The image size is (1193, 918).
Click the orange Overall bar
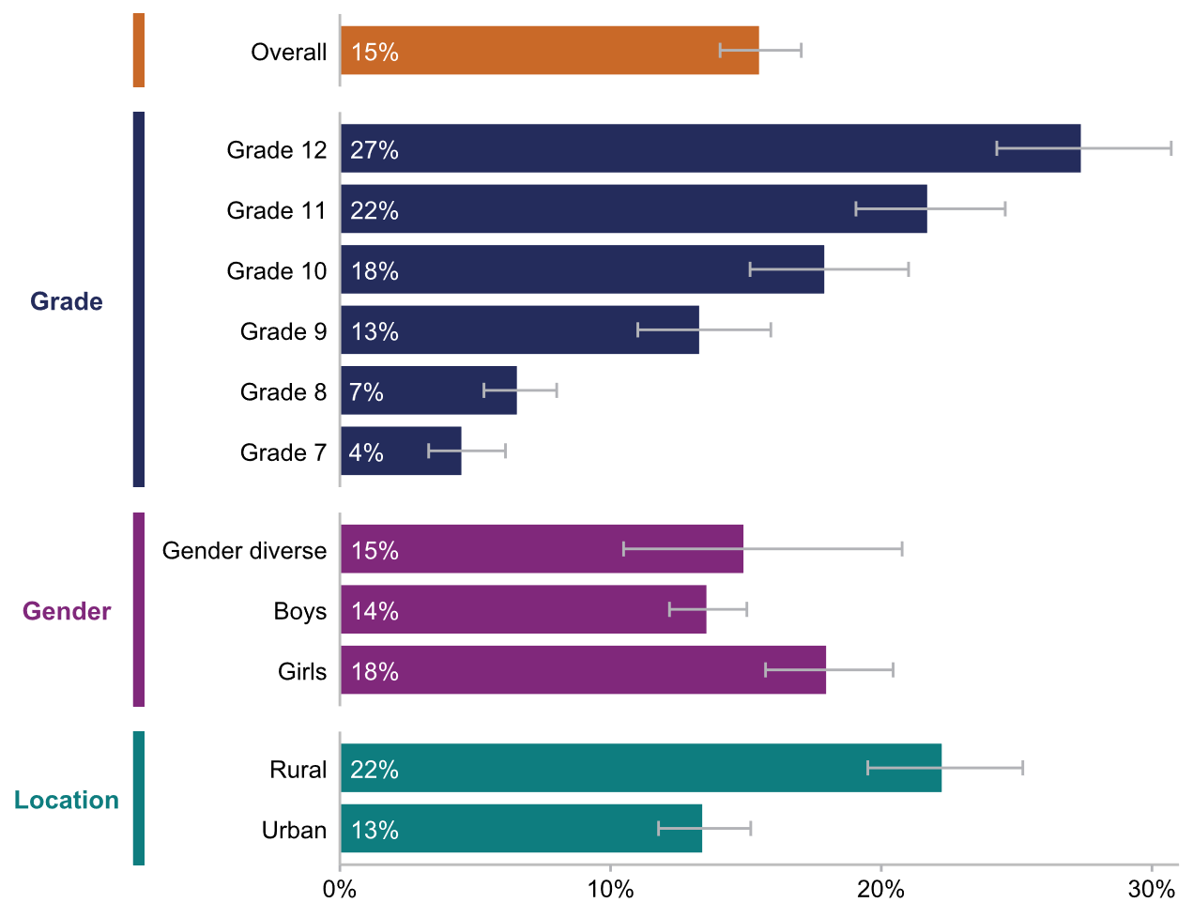pos(549,51)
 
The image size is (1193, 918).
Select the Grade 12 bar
pos(711,148)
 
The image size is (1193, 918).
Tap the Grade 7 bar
pos(401,451)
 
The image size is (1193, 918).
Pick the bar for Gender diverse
pos(542,549)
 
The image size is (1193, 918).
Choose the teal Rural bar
pos(640,768)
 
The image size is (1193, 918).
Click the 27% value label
pos(375,150)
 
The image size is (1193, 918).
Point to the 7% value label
pos(367,392)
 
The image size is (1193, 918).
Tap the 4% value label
pos(367,452)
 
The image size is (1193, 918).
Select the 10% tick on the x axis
pos(610,889)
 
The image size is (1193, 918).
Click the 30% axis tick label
pos(1152,889)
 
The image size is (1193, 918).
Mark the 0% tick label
pos(339,889)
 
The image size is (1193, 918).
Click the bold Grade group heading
pos(67,301)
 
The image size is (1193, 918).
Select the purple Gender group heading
pos(67,611)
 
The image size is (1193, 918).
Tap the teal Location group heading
pos(67,800)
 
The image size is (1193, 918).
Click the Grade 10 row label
pos(277,271)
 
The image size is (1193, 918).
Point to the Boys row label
pos(300,611)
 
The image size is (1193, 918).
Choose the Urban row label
pos(294,830)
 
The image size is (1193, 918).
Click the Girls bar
pos(583,670)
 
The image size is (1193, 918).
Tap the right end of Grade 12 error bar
pos(1170,147)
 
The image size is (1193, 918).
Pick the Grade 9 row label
pos(283,331)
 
